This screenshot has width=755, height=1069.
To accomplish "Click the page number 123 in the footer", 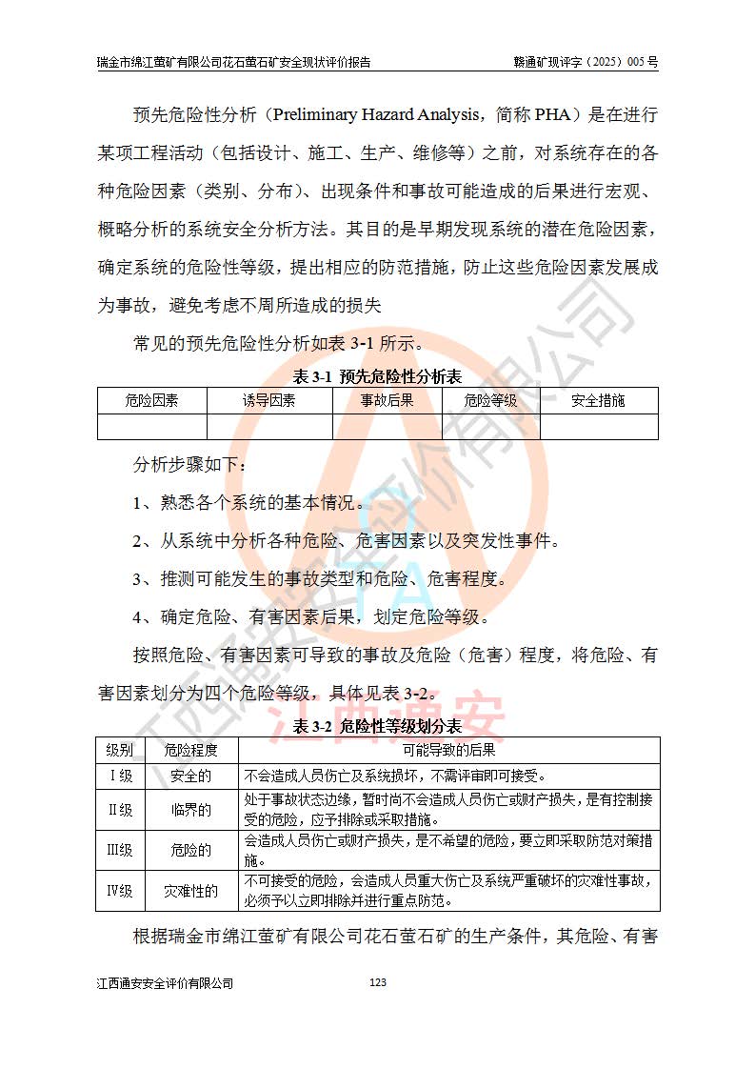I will click(377, 982).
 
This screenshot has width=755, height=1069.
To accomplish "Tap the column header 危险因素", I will click(151, 401).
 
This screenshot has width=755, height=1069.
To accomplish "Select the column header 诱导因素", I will click(268, 401).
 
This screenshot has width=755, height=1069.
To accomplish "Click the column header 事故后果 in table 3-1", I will click(387, 401).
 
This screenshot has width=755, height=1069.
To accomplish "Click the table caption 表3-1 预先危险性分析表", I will click(377, 376).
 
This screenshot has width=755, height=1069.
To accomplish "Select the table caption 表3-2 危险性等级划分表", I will click(377, 726).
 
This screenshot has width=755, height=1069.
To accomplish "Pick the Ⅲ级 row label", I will click(119, 850).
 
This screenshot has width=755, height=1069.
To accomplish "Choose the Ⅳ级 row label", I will click(119, 891).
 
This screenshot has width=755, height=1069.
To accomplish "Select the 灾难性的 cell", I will click(190, 891).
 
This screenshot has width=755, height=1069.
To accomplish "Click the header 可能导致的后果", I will click(449, 750).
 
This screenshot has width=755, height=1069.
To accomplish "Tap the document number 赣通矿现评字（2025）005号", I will click(586, 63).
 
